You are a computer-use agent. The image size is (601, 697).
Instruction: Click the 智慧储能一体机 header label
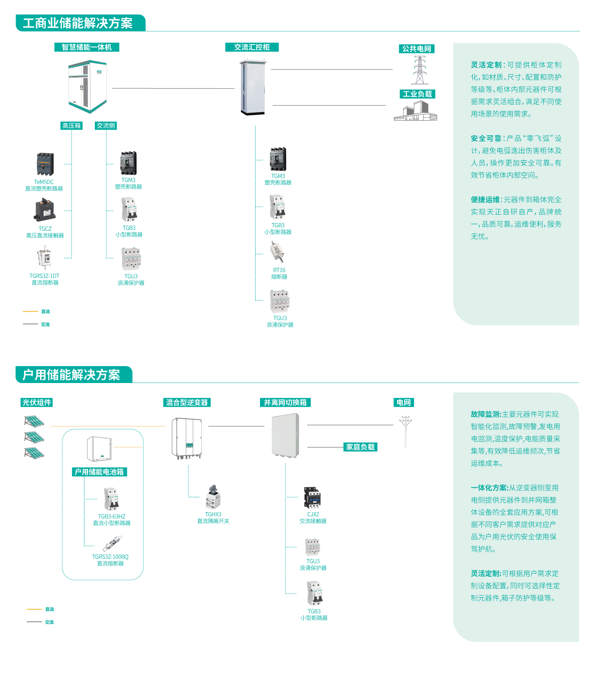87,47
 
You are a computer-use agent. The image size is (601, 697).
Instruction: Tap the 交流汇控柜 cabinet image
252,88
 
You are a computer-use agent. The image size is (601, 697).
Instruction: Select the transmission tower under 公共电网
419,70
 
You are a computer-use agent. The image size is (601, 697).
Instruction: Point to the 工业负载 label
417,94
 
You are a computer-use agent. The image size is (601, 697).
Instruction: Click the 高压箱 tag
71,126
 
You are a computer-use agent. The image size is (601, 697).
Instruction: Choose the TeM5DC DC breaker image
45,164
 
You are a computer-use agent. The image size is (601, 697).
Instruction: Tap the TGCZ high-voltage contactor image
45,210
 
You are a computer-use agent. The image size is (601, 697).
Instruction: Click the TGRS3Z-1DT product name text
45,276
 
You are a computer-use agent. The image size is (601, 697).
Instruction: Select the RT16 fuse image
277,252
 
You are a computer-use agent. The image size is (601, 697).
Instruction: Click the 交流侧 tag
106,126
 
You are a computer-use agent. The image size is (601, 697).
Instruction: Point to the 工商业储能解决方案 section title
78,23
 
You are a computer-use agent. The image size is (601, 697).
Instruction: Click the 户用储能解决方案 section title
72,375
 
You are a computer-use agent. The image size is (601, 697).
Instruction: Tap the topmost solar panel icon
34,421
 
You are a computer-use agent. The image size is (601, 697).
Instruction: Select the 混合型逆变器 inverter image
187,438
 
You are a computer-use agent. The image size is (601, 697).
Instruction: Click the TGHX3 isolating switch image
213,497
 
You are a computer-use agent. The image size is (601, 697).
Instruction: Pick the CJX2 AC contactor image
313,497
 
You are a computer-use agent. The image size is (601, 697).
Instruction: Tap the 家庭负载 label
360,447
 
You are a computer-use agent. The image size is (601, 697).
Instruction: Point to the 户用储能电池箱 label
99,472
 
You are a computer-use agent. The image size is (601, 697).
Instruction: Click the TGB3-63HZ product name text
112,517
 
